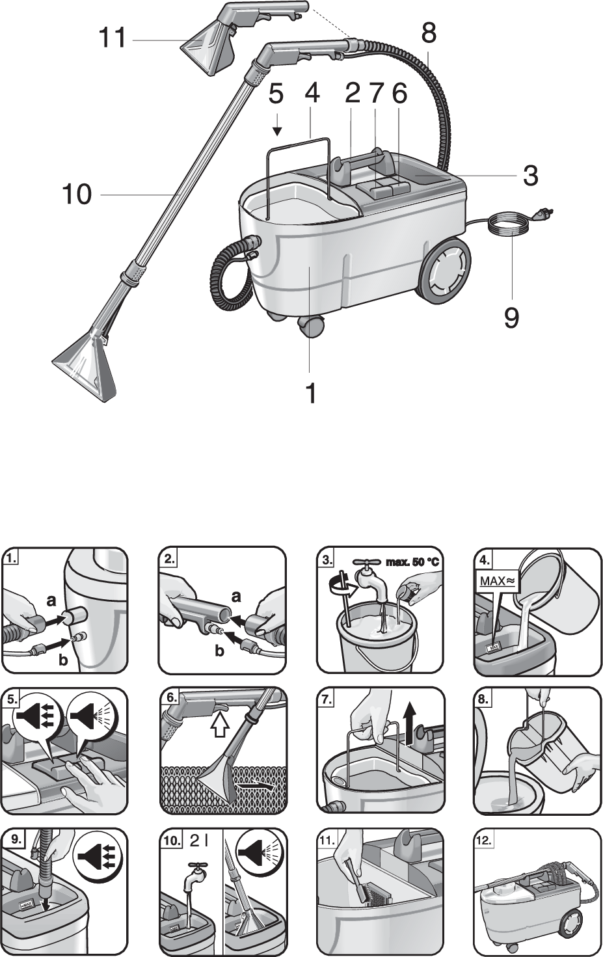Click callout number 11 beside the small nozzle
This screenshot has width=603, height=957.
[112, 38]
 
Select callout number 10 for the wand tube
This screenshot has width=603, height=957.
[77, 194]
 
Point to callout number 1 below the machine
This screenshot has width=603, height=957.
[311, 392]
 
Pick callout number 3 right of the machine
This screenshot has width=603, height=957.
[530, 176]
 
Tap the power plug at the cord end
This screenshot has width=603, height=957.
[543, 213]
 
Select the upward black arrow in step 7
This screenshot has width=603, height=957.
[409, 720]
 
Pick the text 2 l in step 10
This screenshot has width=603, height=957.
[198, 841]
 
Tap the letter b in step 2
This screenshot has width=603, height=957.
[220, 651]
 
